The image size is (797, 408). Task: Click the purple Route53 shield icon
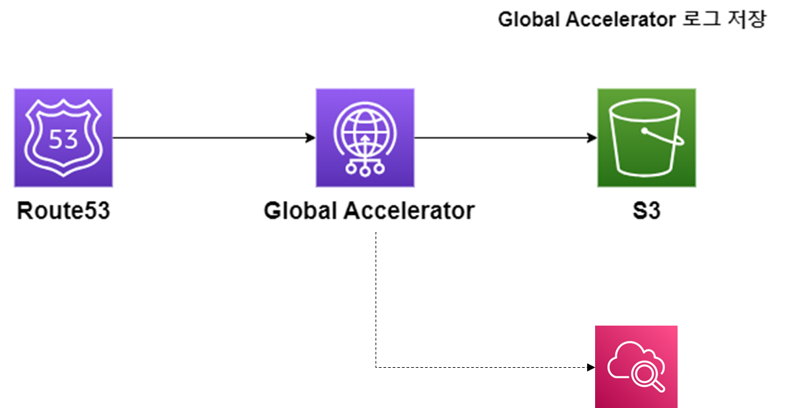coord(63,138)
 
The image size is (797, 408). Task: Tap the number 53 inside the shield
coord(63,139)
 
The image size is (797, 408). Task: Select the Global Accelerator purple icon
coord(365,138)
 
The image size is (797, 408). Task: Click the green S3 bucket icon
coord(647,138)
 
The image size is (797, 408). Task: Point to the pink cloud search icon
coord(636,366)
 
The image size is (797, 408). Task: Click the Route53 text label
coord(63,211)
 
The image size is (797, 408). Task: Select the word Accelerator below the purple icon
coord(409,211)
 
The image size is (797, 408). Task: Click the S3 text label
coord(647,211)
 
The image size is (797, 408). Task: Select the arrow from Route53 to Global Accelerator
coord(211,138)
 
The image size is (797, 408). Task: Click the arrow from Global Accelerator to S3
coord(501,138)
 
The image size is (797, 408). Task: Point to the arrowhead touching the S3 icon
coord(592,138)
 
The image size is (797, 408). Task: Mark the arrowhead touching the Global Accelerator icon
coord(311,138)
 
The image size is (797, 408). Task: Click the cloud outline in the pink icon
coord(623,361)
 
